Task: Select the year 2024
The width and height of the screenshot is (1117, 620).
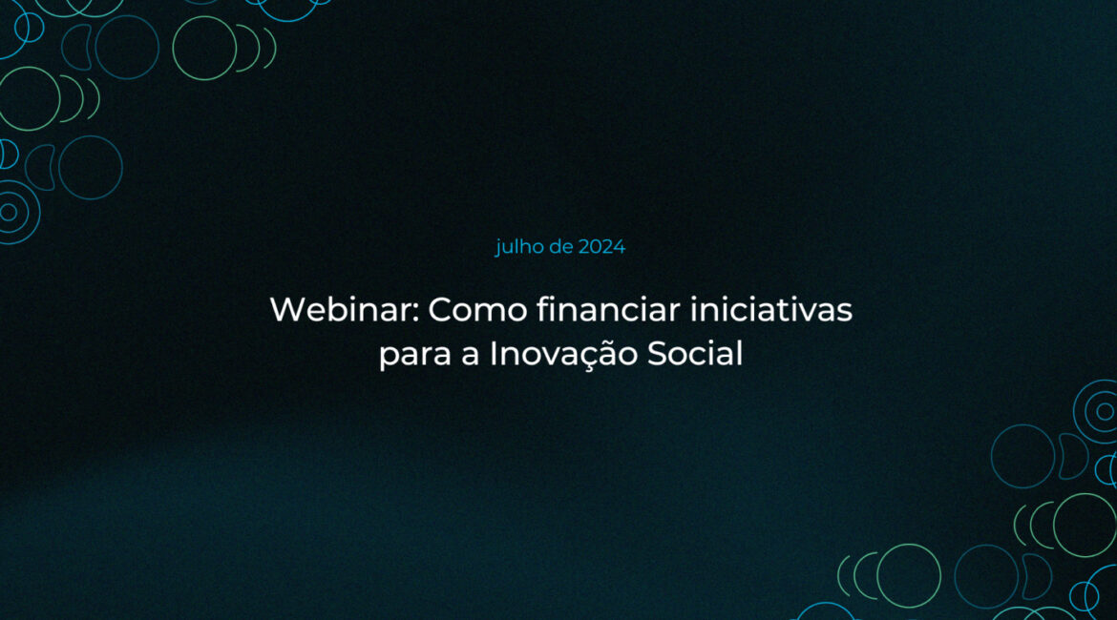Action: pos(602,247)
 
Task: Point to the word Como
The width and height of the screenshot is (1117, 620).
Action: pos(477,310)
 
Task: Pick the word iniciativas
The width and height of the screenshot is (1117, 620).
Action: pos(771,310)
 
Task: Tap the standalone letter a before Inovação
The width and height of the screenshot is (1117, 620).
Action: pos(470,355)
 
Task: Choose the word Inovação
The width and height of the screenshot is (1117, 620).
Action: pos(562,354)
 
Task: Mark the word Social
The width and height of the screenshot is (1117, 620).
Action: pos(695,353)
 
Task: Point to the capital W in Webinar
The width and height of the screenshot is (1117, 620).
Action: pos(289,310)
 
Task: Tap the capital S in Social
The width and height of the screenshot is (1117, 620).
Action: pos(657,354)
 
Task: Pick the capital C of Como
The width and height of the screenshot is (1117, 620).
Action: pos(441,310)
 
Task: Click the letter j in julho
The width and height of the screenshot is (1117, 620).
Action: pos(498,248)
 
